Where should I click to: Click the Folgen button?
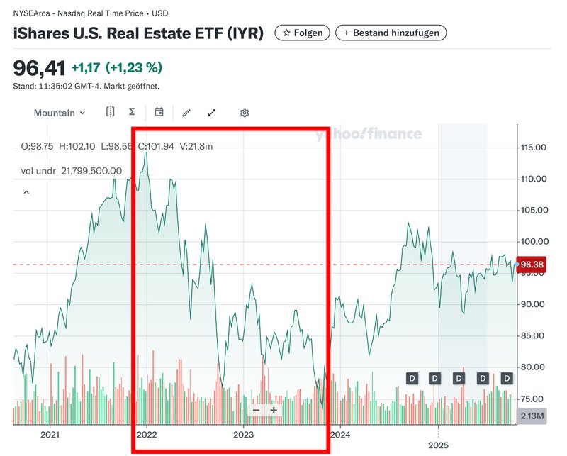[302, 33]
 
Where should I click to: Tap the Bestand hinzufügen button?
[391, 33]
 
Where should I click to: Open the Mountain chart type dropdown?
[60, 113]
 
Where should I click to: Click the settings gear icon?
[245, 113]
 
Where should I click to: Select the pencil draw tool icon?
[186, 113]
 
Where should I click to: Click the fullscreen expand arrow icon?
[212, 113]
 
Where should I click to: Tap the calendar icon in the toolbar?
[159, 112]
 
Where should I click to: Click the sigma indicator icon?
[132, 112]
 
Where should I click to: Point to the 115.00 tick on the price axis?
[533, 148]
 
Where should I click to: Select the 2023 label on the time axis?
[243, 434]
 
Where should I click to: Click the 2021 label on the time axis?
[50, 434]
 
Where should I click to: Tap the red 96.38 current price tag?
[532, 264]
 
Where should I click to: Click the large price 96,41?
[40, 68]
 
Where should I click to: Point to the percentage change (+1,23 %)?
[134, 68]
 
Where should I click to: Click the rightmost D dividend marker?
[507, 379]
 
